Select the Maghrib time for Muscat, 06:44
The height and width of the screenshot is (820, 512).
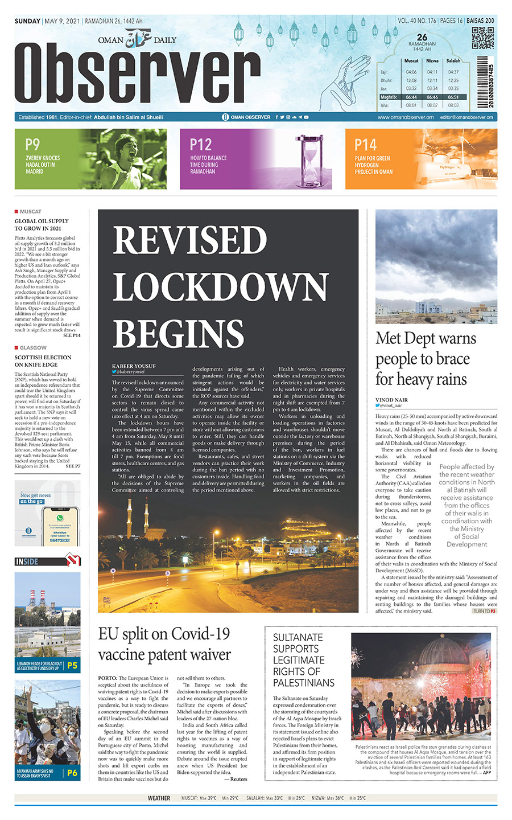pos(411,97)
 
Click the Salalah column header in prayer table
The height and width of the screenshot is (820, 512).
pos(453,60)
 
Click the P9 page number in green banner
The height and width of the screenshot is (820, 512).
pos(32,145)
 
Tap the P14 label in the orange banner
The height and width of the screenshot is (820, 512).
pos(365,145)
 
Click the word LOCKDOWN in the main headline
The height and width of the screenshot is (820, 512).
pos(220,286)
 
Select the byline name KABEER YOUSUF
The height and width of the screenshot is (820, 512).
pos(134,366)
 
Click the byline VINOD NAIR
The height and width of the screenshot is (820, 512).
pos(391,400)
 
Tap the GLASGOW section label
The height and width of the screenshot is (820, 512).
pos(33,347)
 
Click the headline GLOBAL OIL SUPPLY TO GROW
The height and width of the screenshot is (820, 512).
pos(42,224)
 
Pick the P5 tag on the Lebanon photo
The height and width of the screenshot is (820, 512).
pos(72,665)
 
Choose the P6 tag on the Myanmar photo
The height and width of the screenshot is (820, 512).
pos(72,773)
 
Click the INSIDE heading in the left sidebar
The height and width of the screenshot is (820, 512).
pos(27,561)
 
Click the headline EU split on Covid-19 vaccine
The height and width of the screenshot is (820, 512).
pos(164,644)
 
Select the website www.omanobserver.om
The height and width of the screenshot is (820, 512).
pos(405,117)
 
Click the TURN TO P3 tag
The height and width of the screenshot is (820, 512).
pos(485,611)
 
